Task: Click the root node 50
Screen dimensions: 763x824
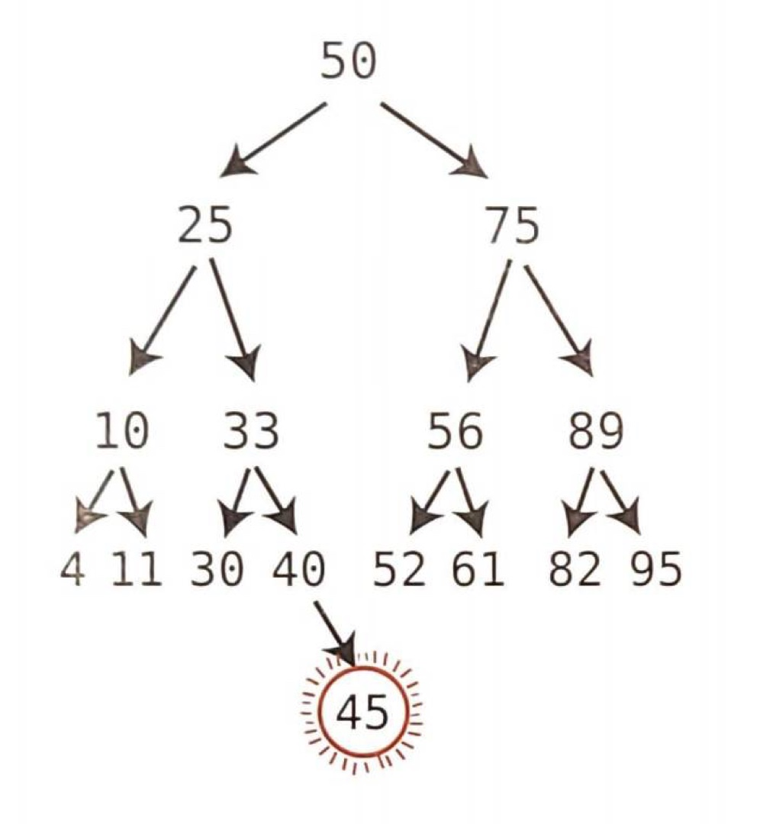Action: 348,62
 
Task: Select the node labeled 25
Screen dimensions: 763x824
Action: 205,227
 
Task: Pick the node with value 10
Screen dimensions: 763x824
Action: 121,433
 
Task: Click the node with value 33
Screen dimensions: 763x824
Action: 251,433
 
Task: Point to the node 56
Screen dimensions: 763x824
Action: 456,433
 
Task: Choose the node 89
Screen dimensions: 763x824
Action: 596,433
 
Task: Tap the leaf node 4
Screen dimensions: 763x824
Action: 72,570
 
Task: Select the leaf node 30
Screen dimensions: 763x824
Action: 217,570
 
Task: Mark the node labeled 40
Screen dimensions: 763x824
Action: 300,570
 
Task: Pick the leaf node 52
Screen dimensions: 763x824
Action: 399,570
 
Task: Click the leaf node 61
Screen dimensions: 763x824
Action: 478,570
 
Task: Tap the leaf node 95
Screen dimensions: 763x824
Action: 655,570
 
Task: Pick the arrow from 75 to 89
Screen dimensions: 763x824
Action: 559,317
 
